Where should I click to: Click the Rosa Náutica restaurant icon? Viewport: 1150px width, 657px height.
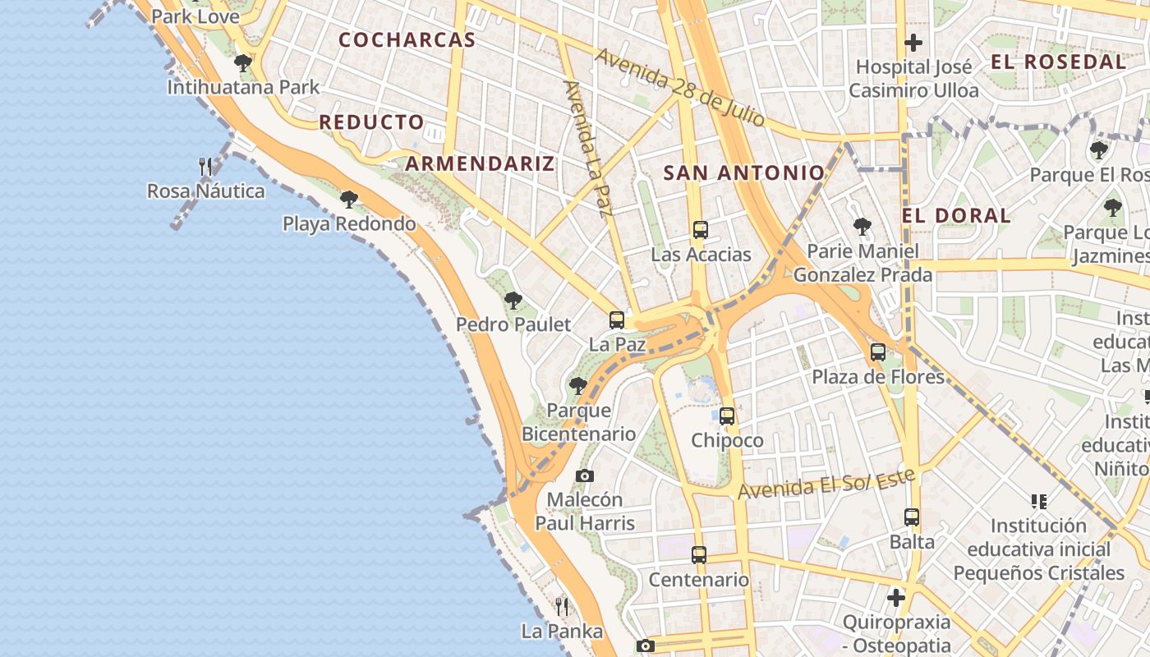coord(206,167)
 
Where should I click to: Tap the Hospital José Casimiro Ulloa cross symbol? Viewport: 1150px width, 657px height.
coord(913,43)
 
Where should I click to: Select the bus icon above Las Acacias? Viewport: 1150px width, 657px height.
coord(700,230)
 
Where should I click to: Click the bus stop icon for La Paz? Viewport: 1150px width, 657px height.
coord(617,320)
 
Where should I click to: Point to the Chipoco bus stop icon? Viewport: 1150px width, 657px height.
coord(727,416)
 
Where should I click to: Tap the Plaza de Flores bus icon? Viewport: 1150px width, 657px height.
coord(878,353)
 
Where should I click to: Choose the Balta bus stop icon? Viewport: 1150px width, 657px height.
coord(912,517)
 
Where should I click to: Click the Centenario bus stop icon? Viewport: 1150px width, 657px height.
coord(699,555)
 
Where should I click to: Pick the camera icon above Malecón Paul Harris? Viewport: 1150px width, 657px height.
coord(585,476)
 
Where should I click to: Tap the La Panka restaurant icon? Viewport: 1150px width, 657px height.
coord(562,607)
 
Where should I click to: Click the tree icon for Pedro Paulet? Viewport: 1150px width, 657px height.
coord(513,301)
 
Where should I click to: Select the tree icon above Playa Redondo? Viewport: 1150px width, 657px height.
coord(349,200)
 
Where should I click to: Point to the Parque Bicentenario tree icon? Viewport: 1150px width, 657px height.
coord(578,385)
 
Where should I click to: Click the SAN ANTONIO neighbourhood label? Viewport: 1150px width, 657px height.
coord(743,172)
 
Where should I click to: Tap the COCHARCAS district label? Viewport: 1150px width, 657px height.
coord(407,39)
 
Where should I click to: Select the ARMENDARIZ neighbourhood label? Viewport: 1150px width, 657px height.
coord(480,163)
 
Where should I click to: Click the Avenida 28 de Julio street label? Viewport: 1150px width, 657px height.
coord(680,86)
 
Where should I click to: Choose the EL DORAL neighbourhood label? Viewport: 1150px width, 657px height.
coord(956,215)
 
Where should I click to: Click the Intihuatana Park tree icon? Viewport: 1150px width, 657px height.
coord(242,62)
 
